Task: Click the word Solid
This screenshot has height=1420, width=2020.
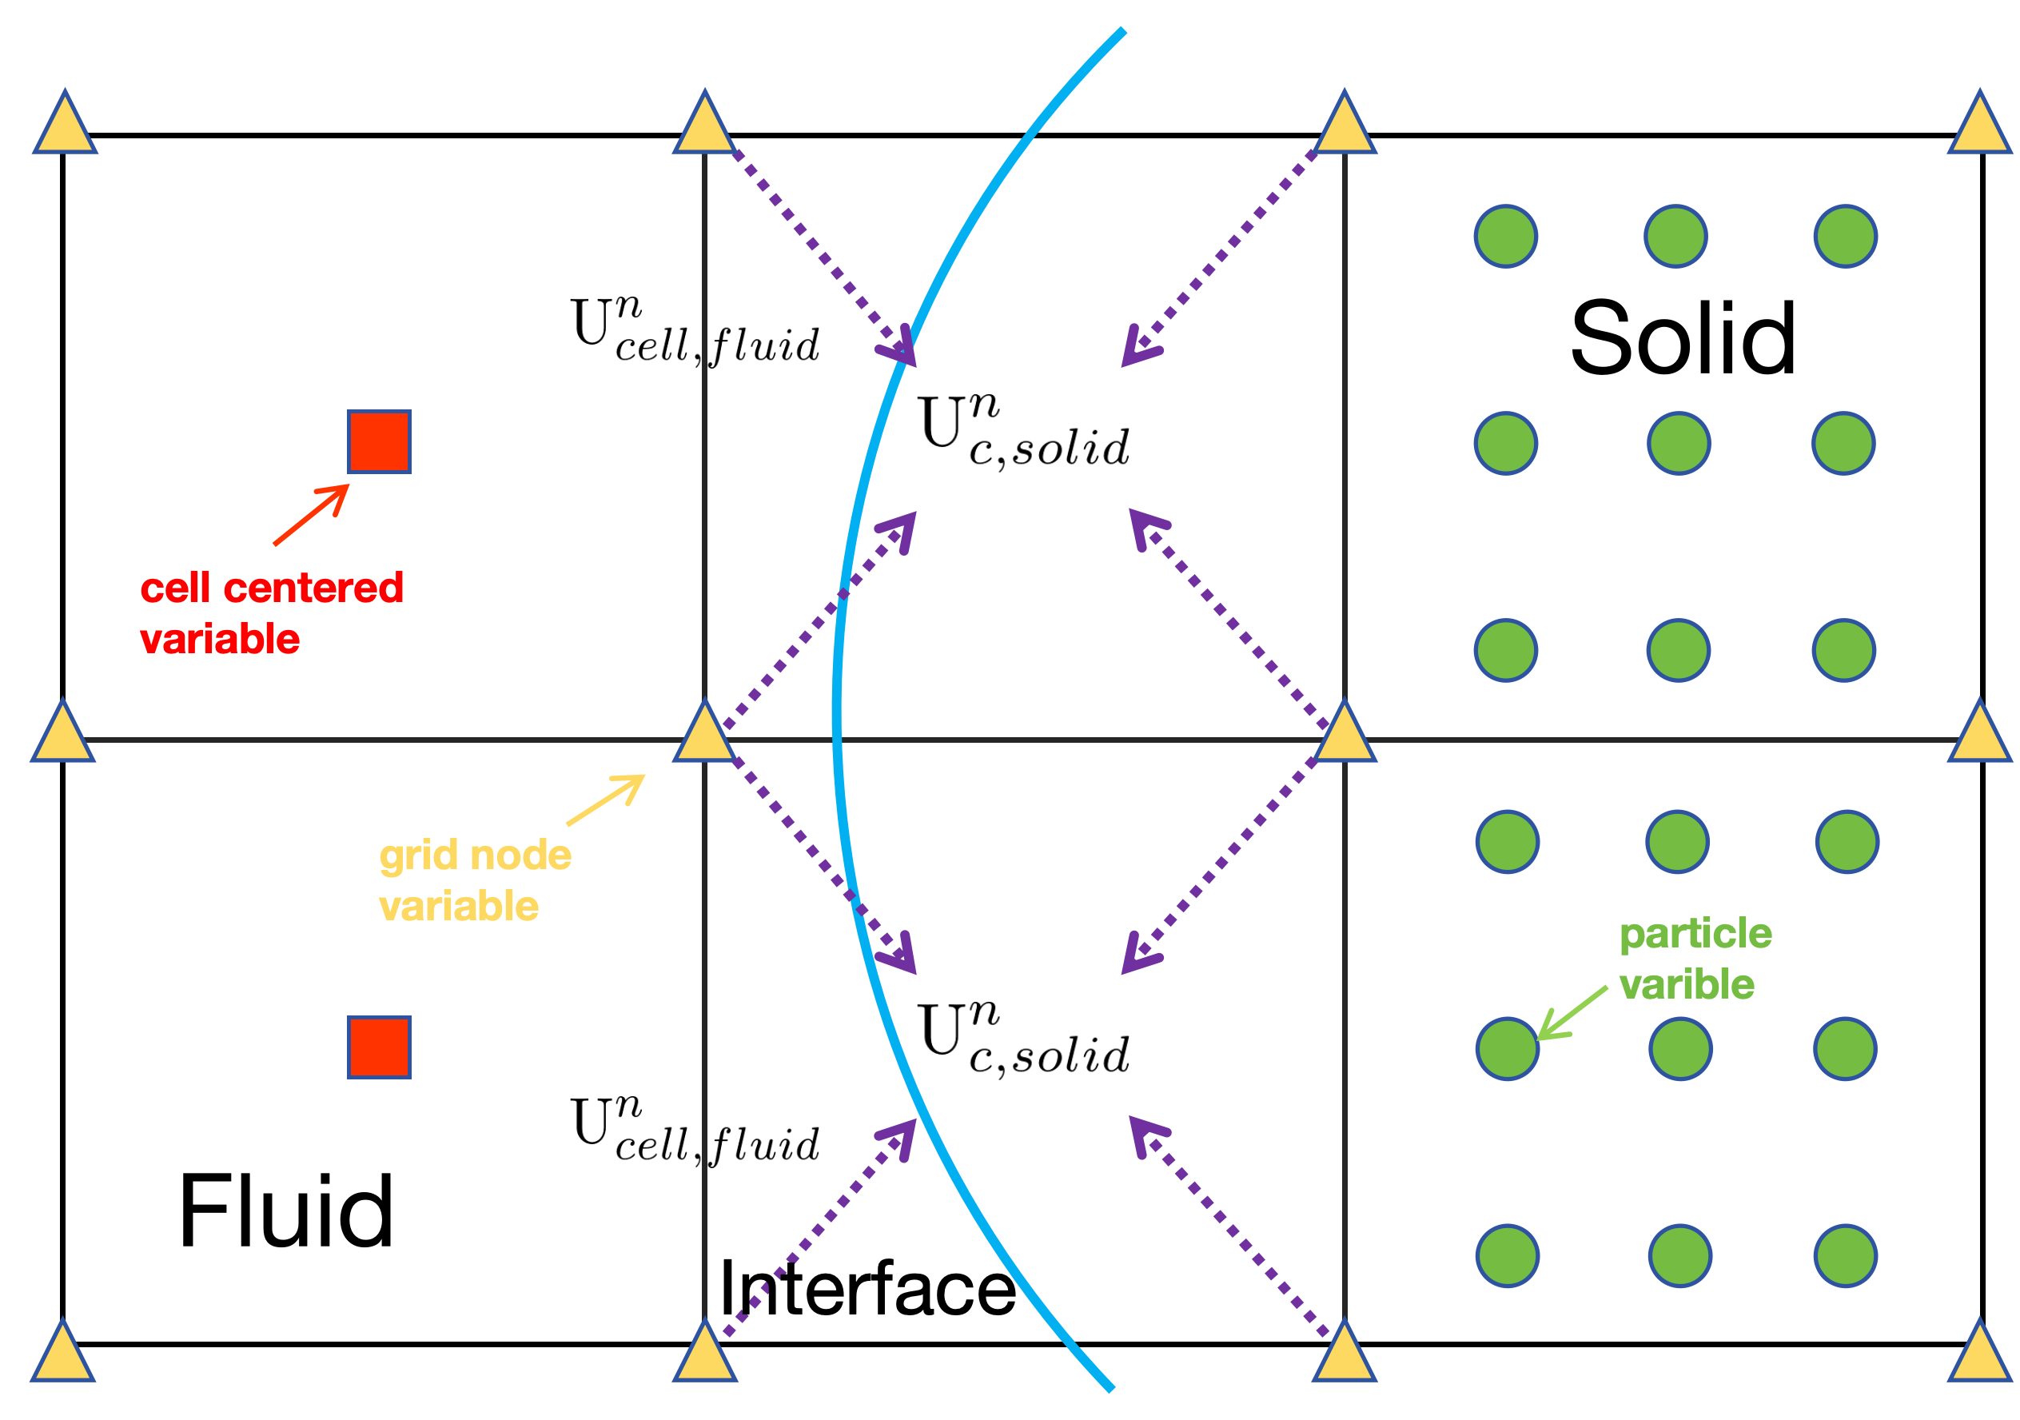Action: (x=1682, y=339)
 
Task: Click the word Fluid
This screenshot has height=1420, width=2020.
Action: (x=286, y=1211)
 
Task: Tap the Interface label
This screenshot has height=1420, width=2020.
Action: (x=867, y=1288)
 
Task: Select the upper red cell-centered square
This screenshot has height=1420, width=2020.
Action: (x=378, y=441)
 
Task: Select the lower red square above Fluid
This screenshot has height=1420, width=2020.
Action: (x=378, y=1047)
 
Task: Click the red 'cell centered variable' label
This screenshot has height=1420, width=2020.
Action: (x=271, y=613)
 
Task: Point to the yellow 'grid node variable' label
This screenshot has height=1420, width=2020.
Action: (x=475, y=880)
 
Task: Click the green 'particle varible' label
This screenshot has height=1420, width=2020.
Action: (x=1695, y=958)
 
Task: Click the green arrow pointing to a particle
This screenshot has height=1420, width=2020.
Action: (x=1573, y=1014)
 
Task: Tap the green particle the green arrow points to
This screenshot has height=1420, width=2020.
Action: (x=1507, y=1049)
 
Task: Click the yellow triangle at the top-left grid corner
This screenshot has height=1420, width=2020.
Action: (x=64, y=126)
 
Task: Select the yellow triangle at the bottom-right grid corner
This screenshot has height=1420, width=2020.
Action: (x=1979, y=1355)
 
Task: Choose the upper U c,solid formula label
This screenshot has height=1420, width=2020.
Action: (x=1025, y=431)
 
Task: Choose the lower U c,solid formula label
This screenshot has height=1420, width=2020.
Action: (x=1025, y=1038)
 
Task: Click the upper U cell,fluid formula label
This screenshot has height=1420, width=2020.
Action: (x=695, y=332)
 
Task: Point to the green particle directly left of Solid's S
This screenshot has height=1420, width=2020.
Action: (x=1505, y=444)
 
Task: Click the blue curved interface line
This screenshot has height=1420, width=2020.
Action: (x=837, y=704)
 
